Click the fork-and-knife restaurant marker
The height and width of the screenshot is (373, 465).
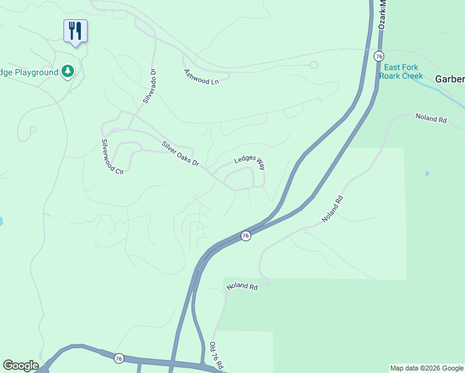click(75, 31)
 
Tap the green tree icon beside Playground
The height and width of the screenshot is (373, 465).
click(68, 72)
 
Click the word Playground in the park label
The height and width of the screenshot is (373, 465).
click(37, 73)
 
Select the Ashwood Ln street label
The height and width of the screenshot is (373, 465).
click(202, 77)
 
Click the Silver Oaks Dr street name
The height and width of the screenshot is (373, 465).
click(180, 155)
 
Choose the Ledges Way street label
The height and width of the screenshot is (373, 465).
click(249, 162)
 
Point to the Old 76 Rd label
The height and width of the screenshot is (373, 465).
click(216, 355)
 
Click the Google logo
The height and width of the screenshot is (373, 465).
click(20, 366)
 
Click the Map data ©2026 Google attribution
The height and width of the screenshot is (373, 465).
click(427, 368)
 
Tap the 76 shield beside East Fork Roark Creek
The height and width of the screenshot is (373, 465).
click(379, 56)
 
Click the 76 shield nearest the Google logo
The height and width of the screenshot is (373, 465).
click(119, 358)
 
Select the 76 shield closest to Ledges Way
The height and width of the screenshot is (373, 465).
click(246, 236)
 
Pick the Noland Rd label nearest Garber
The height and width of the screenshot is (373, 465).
click(431, 118)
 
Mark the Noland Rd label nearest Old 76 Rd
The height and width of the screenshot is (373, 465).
click(242, 287)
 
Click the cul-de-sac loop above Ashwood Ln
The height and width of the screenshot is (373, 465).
click(313, 65)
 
